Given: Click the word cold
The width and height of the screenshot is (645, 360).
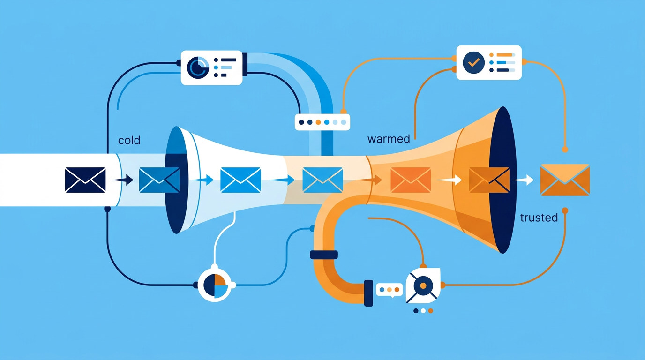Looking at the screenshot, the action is [129, 140].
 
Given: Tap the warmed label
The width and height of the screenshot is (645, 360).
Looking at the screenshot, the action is [389, 139].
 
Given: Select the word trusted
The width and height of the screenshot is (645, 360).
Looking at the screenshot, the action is [539, 217].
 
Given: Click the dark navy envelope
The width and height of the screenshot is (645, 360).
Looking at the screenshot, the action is [85, 180].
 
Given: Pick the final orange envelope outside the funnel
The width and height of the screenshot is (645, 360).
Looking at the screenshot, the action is [565, 180].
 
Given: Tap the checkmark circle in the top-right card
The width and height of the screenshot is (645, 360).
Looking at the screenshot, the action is [473, 62].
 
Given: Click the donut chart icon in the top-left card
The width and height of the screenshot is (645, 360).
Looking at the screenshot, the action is [198, 67].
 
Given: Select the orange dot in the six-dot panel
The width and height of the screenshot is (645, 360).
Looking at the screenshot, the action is [318, 122].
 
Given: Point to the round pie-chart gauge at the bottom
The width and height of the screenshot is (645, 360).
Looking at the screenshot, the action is [215, 285].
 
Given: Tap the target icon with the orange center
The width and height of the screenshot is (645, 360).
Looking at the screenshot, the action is [423, 285].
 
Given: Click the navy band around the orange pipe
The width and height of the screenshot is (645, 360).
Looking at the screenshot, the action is [324, 255].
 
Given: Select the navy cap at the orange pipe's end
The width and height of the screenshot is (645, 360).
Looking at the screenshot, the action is [368, 293].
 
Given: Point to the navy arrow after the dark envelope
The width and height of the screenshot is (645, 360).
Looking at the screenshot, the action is [123, 180].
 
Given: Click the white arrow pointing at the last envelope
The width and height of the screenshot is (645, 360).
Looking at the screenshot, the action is [523, 180].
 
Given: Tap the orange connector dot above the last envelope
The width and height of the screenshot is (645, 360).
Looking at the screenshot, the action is [565, 150].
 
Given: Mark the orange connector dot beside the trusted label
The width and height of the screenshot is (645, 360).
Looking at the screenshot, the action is [565, 210].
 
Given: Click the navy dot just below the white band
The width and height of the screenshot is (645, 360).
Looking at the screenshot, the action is [107, 209].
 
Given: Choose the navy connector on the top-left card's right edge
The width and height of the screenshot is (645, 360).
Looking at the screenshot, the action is [245, 65].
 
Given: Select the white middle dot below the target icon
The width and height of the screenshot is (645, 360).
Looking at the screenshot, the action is [423, 311].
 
